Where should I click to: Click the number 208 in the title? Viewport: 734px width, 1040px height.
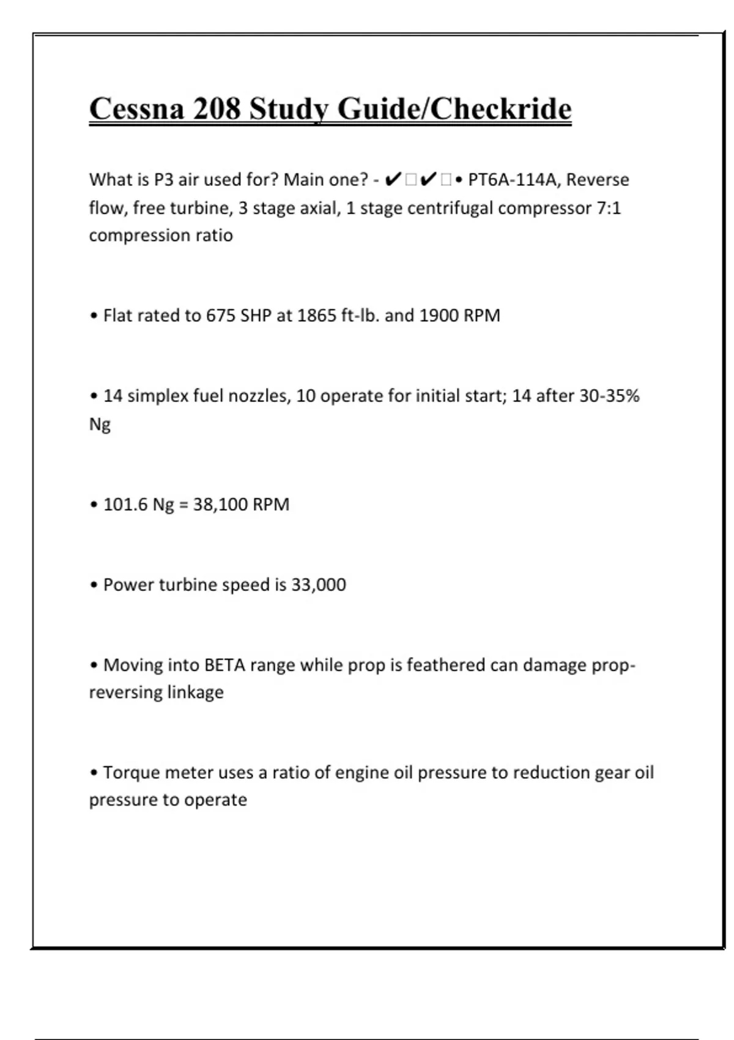[x=217, y=109]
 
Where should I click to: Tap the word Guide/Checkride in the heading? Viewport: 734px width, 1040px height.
[x=454, y=109]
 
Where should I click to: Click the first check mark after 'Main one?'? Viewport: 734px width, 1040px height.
[x=394, y=180]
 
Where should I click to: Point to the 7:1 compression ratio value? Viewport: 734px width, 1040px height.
[x=609, y=208]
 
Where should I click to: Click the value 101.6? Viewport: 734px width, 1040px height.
[x=125, y=505]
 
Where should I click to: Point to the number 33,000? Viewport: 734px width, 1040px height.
[x=319, y=585]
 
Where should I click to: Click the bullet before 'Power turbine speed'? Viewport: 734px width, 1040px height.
[x=94, y=585]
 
